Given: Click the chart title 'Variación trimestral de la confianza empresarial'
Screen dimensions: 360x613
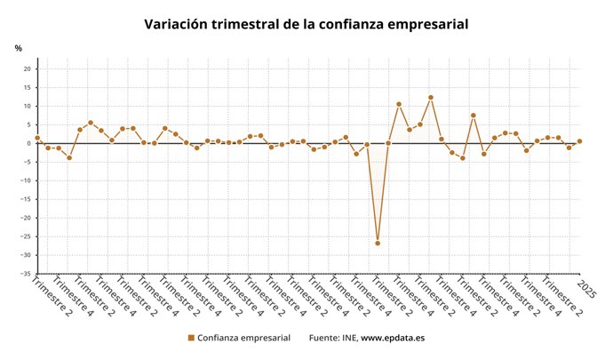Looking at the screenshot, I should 306,24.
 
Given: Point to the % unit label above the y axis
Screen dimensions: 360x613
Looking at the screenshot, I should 18,47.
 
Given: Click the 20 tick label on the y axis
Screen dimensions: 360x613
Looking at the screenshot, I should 28,69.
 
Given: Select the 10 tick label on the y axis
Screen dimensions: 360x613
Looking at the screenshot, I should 28,107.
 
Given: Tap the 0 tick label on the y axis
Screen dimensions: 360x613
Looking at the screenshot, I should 29,143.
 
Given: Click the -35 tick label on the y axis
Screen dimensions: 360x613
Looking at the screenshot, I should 27,274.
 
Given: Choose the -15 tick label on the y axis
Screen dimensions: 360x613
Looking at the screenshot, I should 27,199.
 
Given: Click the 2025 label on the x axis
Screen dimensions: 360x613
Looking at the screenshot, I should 586,289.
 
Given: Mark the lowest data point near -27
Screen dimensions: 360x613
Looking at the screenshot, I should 378,243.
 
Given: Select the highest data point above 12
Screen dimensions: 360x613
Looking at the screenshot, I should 431,98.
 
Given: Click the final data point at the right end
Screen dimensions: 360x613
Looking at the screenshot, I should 579,140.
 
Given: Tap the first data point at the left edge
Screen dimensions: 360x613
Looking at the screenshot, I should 37,138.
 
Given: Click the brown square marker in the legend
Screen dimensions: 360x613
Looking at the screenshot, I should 191,339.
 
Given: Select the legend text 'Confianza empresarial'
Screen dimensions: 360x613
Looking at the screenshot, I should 243,339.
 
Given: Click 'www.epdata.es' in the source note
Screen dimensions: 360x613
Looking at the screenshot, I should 393,339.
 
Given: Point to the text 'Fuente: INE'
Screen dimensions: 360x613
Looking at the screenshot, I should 333,339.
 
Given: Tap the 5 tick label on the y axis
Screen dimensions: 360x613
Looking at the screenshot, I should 29,125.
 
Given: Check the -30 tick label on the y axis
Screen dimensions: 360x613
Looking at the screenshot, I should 27,255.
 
